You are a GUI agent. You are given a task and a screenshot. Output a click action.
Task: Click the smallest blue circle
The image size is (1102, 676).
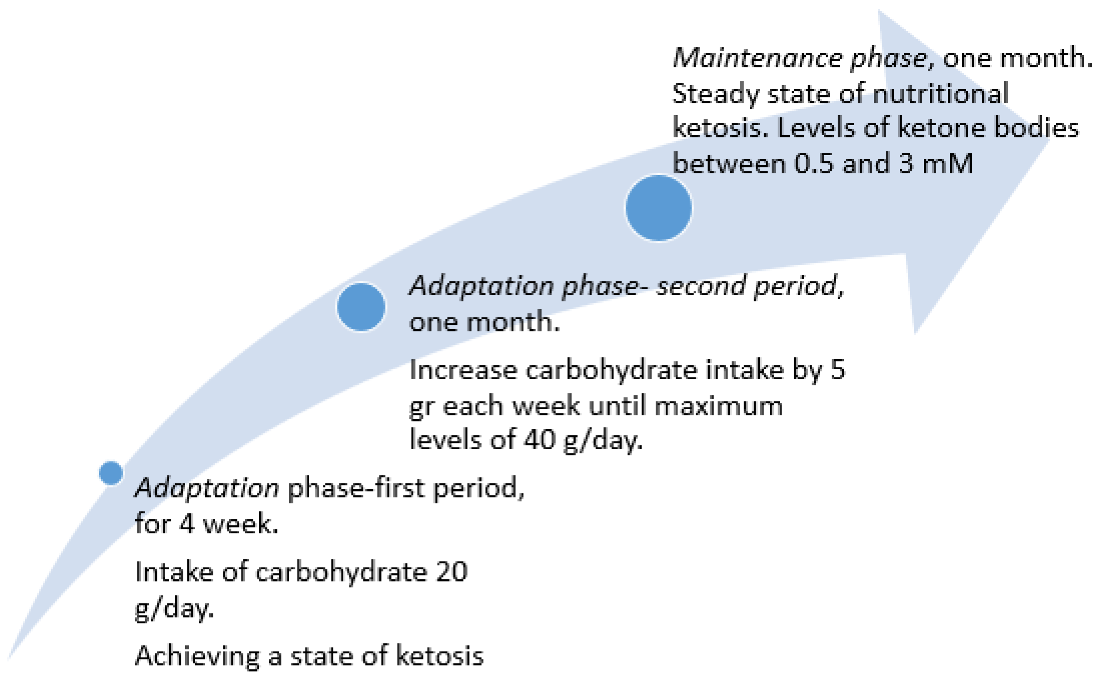pyautogui.click(x=111, y=473)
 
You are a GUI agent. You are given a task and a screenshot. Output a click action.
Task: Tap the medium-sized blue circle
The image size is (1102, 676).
pyautogui.click(x=361, y=307)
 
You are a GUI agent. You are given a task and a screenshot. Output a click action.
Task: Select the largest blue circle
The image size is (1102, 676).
pyautogui.click(x=658, y=208)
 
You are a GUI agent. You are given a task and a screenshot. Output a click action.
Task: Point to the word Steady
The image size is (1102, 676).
pyautogui.click(x=716, y=94)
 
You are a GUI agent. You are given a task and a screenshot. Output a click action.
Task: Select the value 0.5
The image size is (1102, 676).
pyautogui.click(x=813, y=163)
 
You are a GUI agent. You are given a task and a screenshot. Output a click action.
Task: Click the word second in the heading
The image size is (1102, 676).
pyautogui.click(x=700, y=286)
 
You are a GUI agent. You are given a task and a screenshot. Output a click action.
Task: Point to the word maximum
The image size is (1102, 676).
pyautogui.click(x=718, y=406)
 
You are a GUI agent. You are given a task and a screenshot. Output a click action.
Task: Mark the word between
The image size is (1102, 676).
pyautogui.click(x=729, y=163)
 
